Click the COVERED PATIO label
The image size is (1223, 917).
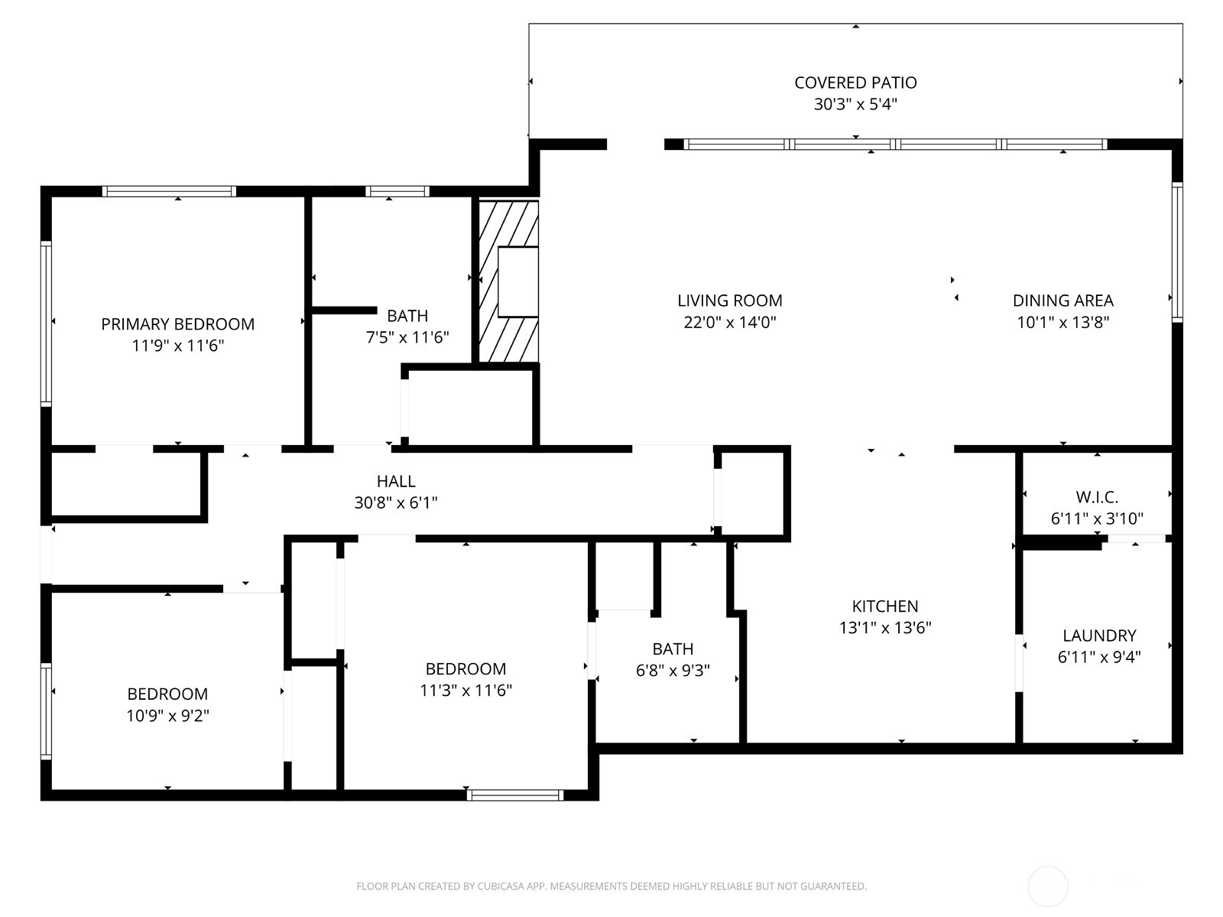coord(855,83)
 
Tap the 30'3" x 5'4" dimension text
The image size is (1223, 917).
coord(855,104)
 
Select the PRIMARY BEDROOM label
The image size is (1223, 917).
coord(177,324)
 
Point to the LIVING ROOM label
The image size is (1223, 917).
coord(729,301)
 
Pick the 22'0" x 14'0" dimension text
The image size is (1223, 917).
coord(729,322)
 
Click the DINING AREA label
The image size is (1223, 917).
coord(1062,301)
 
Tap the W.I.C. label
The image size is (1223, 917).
coord(1097,497)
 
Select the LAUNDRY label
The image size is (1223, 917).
coord(1098,636)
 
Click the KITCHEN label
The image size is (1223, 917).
coord(884,606)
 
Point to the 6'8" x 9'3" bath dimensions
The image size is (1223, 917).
coord(673,671)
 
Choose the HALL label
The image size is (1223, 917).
coord(396,481)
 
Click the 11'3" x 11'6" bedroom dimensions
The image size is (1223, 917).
coord(466,691)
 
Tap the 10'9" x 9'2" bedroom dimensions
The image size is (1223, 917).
coord(167,716)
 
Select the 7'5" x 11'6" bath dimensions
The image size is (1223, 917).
coord(407,337)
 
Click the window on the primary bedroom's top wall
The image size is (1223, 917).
coord(169,191)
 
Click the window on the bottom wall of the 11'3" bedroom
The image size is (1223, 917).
coord(514,795)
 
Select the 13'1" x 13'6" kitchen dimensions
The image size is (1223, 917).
coord(884,628)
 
